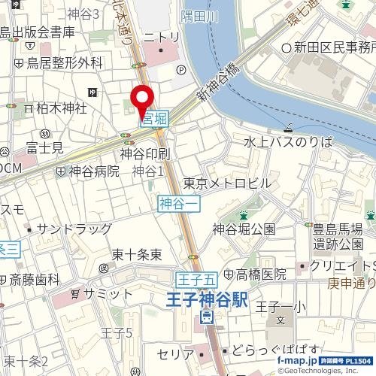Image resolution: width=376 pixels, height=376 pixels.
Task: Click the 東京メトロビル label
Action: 226,183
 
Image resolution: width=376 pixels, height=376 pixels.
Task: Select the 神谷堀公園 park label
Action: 244,229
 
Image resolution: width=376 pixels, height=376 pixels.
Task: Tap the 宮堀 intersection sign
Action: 154,118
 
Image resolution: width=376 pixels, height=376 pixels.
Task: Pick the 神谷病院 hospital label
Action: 93,171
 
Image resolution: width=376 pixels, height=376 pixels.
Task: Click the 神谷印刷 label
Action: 144,154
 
